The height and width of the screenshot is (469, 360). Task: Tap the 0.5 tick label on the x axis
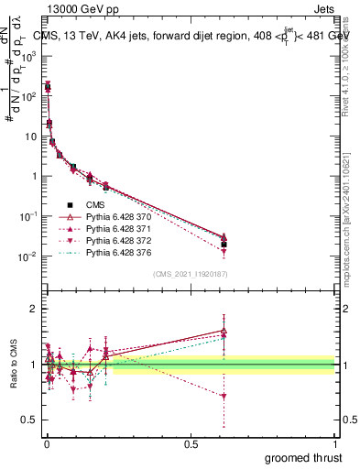(x=191, y=443)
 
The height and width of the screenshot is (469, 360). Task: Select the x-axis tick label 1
(x=336, y=443)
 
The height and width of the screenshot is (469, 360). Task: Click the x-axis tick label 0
(x=46, y=443)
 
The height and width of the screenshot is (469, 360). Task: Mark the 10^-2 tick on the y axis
(x=28, y=256)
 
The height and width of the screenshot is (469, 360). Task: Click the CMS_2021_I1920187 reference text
(x=190, y=273)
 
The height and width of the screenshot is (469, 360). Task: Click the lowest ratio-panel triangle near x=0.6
(x=224, y=396)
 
